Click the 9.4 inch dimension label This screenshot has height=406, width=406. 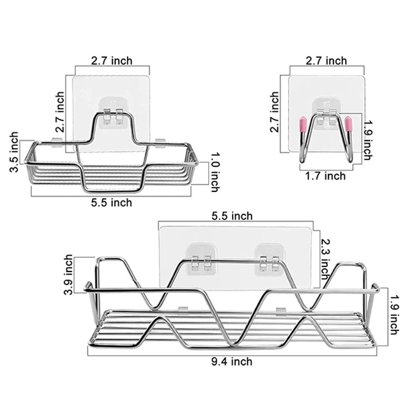[x=232, y=361]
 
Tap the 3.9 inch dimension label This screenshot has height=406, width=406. [x=69, y=275]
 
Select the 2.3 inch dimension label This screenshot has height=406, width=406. [x=325, y=259]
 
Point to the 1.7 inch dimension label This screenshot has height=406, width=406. [x=325, y=176]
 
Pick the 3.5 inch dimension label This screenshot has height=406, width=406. [x=14, y=152]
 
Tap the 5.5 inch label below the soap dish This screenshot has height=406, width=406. [x=112, y=202]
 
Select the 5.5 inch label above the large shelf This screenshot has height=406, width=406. [x=232, y=216]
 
